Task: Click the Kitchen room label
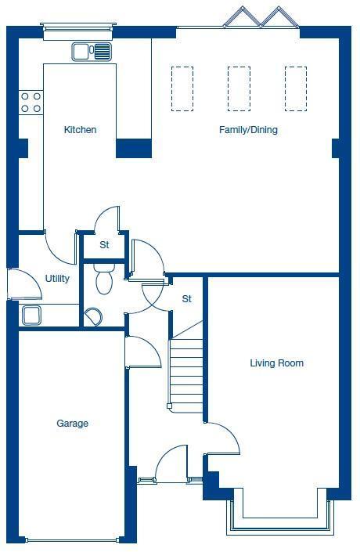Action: tap(80, 130)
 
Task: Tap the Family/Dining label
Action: tap(248, 130)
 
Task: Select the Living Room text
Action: tap(276, 363)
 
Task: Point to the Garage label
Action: tap(72, 424)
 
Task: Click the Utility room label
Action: tap(57, 279)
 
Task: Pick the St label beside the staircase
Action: tap(187, 299)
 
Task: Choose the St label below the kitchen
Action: tap(104, 245)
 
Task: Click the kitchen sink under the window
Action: tap(92, 52)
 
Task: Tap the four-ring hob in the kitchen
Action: tap(31, 102)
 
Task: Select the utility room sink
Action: tap(31, 316)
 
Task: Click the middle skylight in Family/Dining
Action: tap(239, 88)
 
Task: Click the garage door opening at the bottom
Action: tap(72, 539)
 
